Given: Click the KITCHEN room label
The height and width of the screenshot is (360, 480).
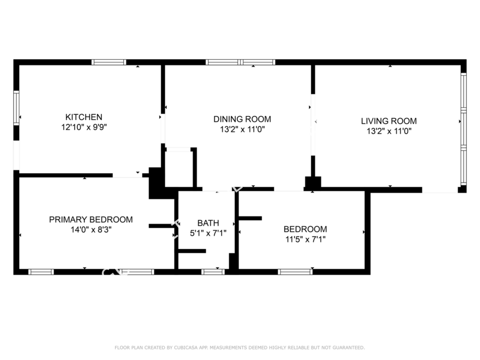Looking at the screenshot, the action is pyautogui.click(x=84, y=117).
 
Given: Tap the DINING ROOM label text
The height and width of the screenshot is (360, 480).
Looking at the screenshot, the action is pyautogui.click(x=242, y=119).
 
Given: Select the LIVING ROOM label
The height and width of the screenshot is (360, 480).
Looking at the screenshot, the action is pyautogui.click(x=389, y=121).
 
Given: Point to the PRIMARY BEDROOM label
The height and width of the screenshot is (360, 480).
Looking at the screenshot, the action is pyautogui.click(x=91, y=220).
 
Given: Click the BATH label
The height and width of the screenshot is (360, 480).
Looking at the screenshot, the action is pyautogui.click(x=208, y=223).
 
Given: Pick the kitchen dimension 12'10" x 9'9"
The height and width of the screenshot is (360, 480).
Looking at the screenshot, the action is pyautogui.click(x=84, y=127).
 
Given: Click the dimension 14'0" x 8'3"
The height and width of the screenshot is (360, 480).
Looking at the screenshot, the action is pyautogui.click(x=91, y=229).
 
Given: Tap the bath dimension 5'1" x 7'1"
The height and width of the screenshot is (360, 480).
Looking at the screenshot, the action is pyautogui.click(x=208, y=233).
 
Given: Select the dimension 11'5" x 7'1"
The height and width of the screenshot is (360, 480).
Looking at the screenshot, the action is pyautogui.click(x=305, y=239).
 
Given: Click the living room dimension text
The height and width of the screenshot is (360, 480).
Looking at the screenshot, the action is pyautogui.click(x=389, y=131).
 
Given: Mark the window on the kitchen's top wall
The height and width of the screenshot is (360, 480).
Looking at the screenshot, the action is pyautogui.click(x=109, y=62).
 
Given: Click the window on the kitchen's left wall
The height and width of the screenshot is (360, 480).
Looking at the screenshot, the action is pyautogui.click(x=16, y=108).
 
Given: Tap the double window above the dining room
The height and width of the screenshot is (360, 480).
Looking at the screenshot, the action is pyautogui.click(x=241, y=62).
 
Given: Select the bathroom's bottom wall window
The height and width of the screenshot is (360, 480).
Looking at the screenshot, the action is pyautogui.click(x=213, y=272).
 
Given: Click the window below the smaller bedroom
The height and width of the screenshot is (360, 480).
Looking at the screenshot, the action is pyautogui.click(x=295, y=272).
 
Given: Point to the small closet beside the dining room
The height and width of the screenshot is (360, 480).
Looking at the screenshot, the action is pyautogui.click(x=179, y=169).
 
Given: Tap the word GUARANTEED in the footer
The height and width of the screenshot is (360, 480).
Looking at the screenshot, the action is pyautogui.click(x=349, y=347).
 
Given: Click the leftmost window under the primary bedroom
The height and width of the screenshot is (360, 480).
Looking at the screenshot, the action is pyautogui.click(x=41, y=272).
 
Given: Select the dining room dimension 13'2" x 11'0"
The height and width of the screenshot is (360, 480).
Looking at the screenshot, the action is pyautogui.click(x=242, y=130).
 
